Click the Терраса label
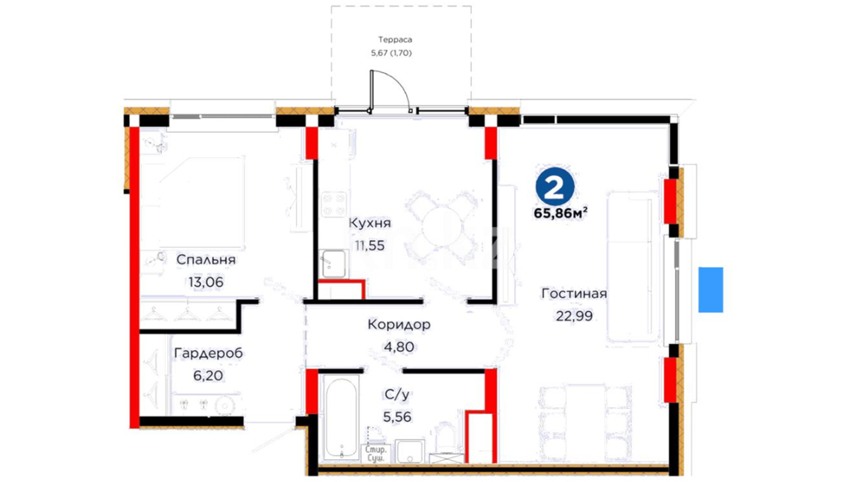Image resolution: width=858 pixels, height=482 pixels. click(x=395, y=40)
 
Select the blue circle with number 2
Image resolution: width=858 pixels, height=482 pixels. click(x=555, y=187)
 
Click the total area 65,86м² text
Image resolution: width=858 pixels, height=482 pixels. click(x=560, y=213)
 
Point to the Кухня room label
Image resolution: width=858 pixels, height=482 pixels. click(x=370, y=223)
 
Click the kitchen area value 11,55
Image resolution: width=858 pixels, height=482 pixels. click(x=370, y=245)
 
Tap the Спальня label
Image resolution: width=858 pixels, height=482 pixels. click(x=206, y=260)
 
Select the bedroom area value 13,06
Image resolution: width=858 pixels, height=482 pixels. click(x=206, y=282)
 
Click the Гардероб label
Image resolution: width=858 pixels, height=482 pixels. click(x=208, y=353)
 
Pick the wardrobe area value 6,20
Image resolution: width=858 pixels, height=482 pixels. click(x=208, y=376)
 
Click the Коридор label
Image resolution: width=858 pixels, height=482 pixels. click(x=399, y=324)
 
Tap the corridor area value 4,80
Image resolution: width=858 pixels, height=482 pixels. click(x=399, y=347)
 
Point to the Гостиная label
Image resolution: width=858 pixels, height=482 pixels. click(x=574, y=294)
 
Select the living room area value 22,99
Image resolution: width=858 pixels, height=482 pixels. click(x=574, y=316)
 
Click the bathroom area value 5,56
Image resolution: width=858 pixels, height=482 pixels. click(x=397, y=417)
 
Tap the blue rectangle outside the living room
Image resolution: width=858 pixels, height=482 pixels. click(x=711, y=290)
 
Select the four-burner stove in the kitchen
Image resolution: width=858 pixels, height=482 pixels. click(x=334, y=204)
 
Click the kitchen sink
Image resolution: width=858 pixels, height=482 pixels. click(x=333, y=263)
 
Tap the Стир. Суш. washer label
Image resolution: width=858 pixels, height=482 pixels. click(x=376, y=454)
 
